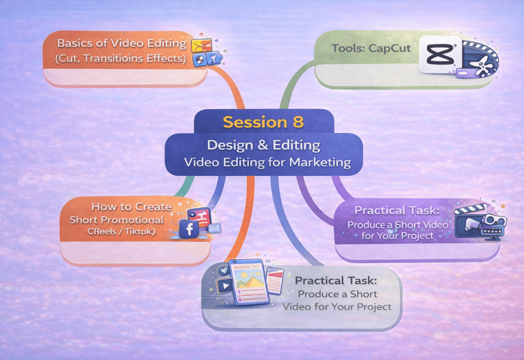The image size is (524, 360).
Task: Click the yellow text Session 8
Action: click(x=262, y=123)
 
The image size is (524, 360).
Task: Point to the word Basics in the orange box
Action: click(x=75, y=43)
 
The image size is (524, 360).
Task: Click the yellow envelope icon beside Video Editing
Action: click(x=201, y=46)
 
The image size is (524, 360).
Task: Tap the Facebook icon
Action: click(x=187, y=229)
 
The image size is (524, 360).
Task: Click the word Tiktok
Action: click(x=138, y=232)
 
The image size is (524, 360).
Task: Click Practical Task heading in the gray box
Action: click(x=336, y=280)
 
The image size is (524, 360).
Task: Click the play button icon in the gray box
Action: click(x=226, y=287)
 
